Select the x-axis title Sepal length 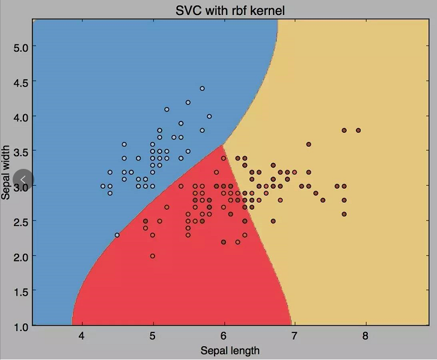[x=230, y=350]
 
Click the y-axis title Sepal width [x=7, y=172]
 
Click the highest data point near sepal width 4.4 [x=203, y=88]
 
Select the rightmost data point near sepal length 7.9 [x=358, y=130]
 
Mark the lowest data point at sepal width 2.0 [x=153, y=256]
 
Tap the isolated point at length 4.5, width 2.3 [x=117, y=235]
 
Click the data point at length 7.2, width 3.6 [x=309, y=144]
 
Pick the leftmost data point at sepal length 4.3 [x=103, y=186]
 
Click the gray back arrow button [x=23, y=179]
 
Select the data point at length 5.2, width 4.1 [x=167, y=109]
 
